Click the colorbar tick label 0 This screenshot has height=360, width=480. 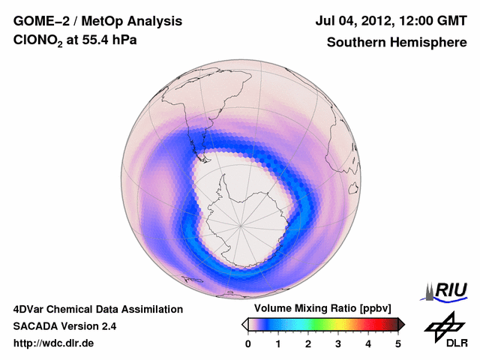(248, 344)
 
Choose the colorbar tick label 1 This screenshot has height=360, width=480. (278, 344)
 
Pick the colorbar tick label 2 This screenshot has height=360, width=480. (308, 344)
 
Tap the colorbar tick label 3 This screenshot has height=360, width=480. (338, 344)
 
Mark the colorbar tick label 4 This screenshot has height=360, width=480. (368, 344)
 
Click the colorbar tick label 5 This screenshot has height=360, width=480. (398, 344)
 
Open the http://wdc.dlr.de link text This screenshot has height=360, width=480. (54, 344)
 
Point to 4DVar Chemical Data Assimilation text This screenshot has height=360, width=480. (97, 309)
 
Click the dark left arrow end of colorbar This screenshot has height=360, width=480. (245, 324)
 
